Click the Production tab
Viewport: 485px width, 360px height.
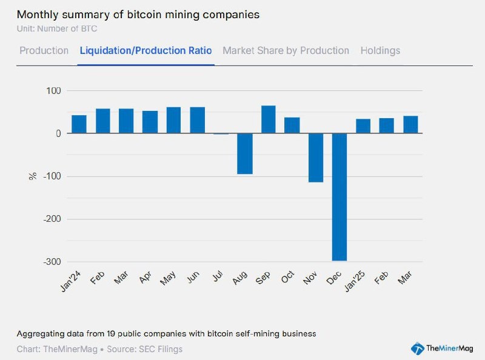click(x=44, y=50)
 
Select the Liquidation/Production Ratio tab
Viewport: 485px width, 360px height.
click(x=145, y=50)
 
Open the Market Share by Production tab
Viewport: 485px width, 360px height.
click(x=286, y=50)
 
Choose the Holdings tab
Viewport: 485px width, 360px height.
click(x=380, y=50)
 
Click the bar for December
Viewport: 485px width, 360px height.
click(x=339, y=197)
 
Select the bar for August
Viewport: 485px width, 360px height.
click(x=244, y=153)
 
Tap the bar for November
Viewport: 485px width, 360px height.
click(x=315, y=158)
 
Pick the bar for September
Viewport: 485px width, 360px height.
click(x=268, y=119)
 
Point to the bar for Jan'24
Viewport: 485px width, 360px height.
click(x=79, y=124)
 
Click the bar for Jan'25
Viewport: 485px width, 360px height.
click(x=363, y=126)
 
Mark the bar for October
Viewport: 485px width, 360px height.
click(x=292, y=125)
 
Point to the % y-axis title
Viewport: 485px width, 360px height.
click(x=33, y=176)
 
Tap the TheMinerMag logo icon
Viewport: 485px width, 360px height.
click(x=417, y=348)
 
